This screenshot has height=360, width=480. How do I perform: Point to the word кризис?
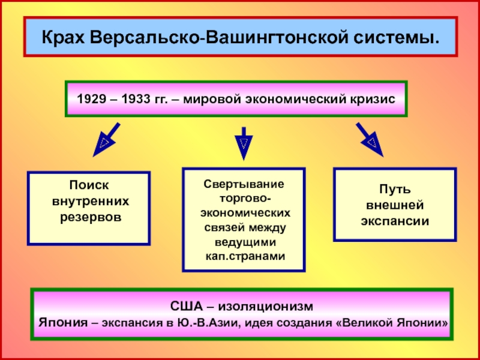[371, 99]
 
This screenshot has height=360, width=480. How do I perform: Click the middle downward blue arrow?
[243, 143]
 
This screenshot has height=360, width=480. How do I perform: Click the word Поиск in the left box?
[89, 187]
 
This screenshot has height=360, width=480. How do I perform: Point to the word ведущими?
[244, 242]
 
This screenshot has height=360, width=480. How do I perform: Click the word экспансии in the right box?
[395, 220]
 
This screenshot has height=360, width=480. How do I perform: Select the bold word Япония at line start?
[63, 323]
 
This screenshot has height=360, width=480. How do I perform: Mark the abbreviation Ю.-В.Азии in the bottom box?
[201, 323]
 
